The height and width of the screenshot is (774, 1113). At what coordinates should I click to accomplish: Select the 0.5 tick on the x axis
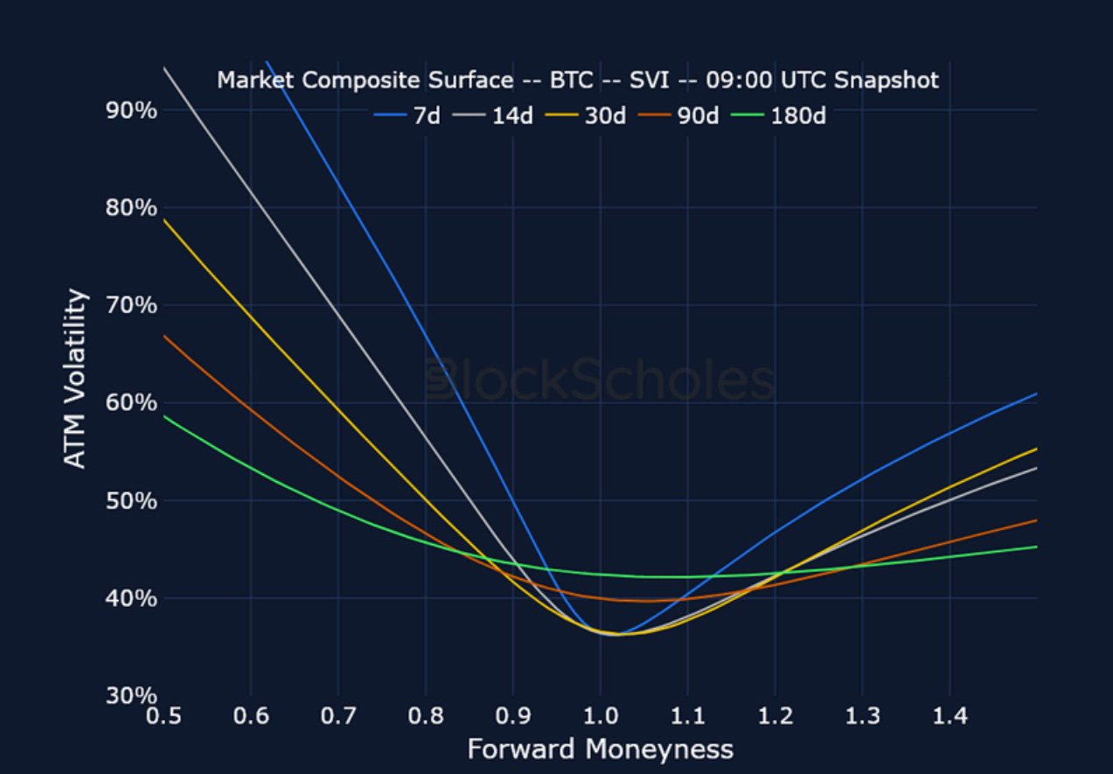point(163,717)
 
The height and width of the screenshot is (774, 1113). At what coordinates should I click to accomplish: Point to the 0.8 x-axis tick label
point(425,717)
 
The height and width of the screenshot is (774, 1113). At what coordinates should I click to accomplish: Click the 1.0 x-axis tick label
point(600,717)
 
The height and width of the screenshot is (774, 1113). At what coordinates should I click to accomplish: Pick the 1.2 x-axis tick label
point(775,717)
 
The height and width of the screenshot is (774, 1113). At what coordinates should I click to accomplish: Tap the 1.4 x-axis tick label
point(950,717)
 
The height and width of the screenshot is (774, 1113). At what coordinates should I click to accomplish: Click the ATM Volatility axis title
point(77,379)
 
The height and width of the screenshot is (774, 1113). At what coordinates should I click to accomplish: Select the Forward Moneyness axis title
point(600,750)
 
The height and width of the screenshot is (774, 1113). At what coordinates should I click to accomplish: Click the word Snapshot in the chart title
point(886,80)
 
